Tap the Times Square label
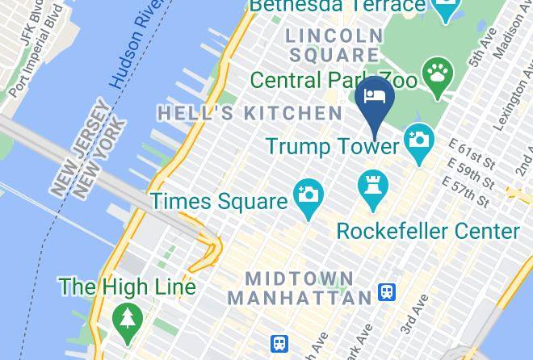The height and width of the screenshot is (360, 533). [x=219, y=200]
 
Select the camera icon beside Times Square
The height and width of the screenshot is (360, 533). [x=308, y=194]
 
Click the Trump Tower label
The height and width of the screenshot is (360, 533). [x=333, y=146]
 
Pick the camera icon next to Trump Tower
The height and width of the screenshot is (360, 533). [x=418, y=137]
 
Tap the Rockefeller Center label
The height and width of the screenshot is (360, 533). [x=428, y=232]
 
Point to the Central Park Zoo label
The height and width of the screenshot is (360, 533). [x=334, y=81]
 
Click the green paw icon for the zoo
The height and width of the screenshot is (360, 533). [x=438, y=72]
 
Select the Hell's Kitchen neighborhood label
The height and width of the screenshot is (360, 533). [x=250, y=113]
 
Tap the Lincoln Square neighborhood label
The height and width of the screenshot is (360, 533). [x=334, y=45]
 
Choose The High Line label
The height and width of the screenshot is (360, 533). [x=127, y=287]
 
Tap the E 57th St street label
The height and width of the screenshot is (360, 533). [x=472, y=194]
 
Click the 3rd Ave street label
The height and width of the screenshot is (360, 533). [x=414, y=314]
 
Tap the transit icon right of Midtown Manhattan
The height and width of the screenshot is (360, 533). [x=388, y=292]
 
